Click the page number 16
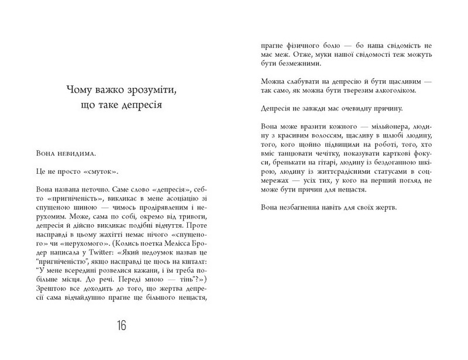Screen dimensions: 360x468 coord(122,326)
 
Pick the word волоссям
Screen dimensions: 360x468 coord(311,136)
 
